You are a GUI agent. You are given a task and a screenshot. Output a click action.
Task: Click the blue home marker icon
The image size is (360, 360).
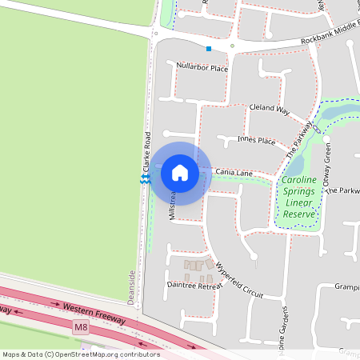pos(180,173)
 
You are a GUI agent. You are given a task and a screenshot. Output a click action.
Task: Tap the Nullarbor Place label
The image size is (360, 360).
pos(202,67)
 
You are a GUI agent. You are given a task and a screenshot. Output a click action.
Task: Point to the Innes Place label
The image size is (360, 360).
pos(256,140)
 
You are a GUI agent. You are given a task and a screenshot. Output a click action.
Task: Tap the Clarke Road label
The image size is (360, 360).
pos(147,152)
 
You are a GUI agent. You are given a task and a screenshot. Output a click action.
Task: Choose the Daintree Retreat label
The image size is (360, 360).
pos(193,284)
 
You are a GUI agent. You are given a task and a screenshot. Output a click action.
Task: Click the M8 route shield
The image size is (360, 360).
pos(80,327)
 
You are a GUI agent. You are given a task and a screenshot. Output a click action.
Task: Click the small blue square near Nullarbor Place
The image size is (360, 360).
pos(209,49)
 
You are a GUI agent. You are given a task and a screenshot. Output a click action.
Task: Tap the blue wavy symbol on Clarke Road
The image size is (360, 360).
pos(144,182)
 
